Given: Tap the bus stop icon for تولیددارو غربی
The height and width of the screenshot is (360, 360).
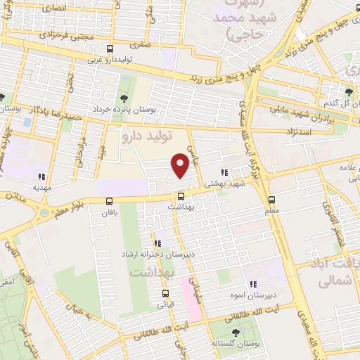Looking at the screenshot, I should (110, 49).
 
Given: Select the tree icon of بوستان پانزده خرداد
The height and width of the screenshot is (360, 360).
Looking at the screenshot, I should (124, 98).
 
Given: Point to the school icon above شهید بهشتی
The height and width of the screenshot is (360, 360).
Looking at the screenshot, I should (224, 172).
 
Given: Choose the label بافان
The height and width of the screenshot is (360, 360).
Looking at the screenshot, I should (107, 212).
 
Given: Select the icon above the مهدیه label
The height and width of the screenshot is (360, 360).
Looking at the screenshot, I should (41, 177).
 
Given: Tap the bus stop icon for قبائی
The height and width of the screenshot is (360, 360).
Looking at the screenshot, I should (165, 293).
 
